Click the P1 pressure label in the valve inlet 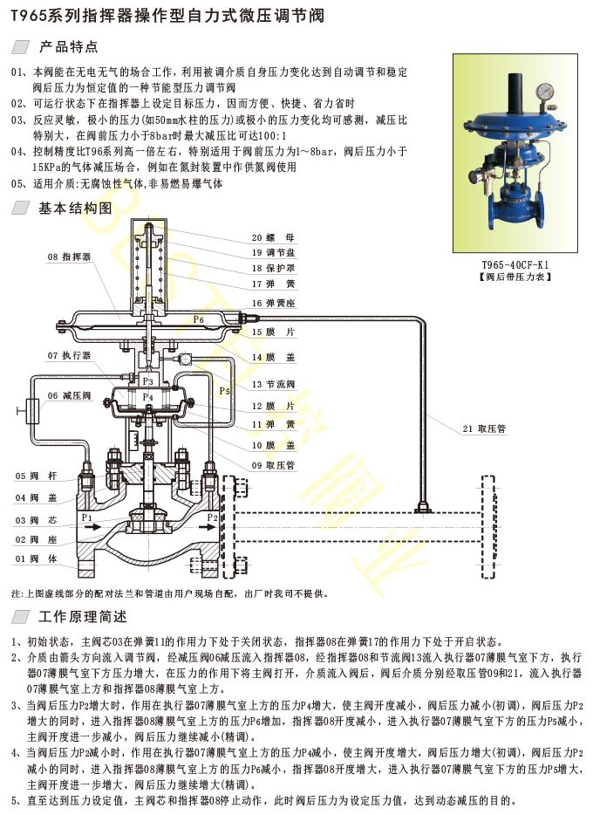click(x=86, y=517)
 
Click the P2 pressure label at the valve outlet click(x=212, y=517)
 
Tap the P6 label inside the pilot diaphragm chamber click(x=198, y=320)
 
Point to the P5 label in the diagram click(x=224, y=391)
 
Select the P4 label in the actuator click(x=148, y=397)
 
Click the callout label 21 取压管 click(x=485, y=428)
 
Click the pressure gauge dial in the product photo click(x=547, y=90)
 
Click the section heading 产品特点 click(x=69, y=46)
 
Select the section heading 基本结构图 click(x=75, y=209)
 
